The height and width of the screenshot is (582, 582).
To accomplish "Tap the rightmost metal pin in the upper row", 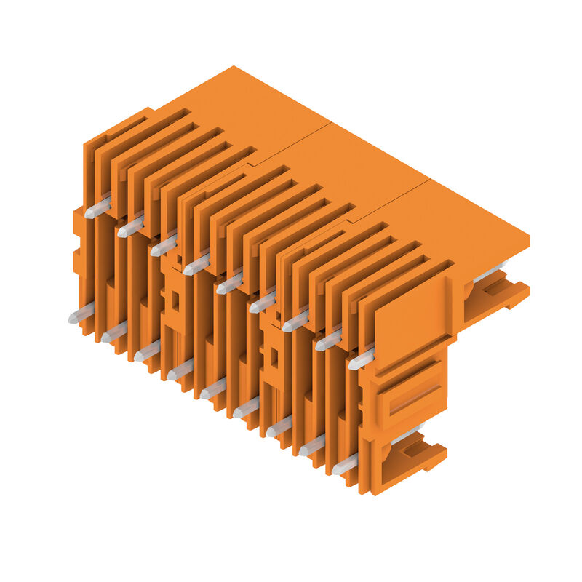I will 361,359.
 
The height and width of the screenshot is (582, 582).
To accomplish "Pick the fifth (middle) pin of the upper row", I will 228,284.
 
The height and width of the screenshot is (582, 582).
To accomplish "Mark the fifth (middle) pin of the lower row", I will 212,390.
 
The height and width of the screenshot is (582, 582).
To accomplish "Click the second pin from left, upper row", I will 130,228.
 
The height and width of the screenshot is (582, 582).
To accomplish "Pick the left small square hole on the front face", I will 175,298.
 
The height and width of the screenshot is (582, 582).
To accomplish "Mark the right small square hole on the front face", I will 274,356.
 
